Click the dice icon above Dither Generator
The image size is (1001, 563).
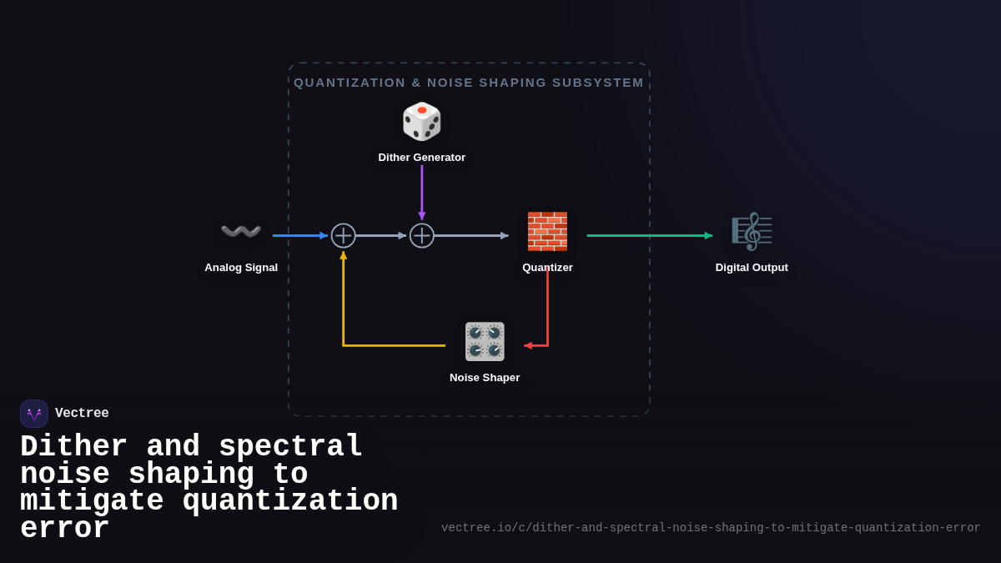(x=421, y=122)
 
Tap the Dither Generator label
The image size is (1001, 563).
(x=421, y=158)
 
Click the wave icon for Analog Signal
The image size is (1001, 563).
(x=241, y=232)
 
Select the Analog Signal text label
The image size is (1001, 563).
(x=241, y=268)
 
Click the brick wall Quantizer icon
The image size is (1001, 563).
(x=547, y=231)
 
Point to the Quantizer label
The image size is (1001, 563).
(x=547, y=268)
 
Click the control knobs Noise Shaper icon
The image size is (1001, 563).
(x=485, y=341)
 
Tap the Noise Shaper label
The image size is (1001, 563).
(x=485, y=378)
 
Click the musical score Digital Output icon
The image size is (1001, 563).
(x=752, y=231)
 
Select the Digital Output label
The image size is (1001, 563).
(x=752, y=268)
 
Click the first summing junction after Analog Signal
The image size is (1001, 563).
(x=343, y=236)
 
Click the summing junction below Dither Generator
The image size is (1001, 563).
(x=422, y=236)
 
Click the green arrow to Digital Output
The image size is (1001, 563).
(x=649, y=236)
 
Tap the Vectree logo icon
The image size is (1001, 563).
(x=34, y=414)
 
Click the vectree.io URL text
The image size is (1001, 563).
(x=711, y=528)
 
